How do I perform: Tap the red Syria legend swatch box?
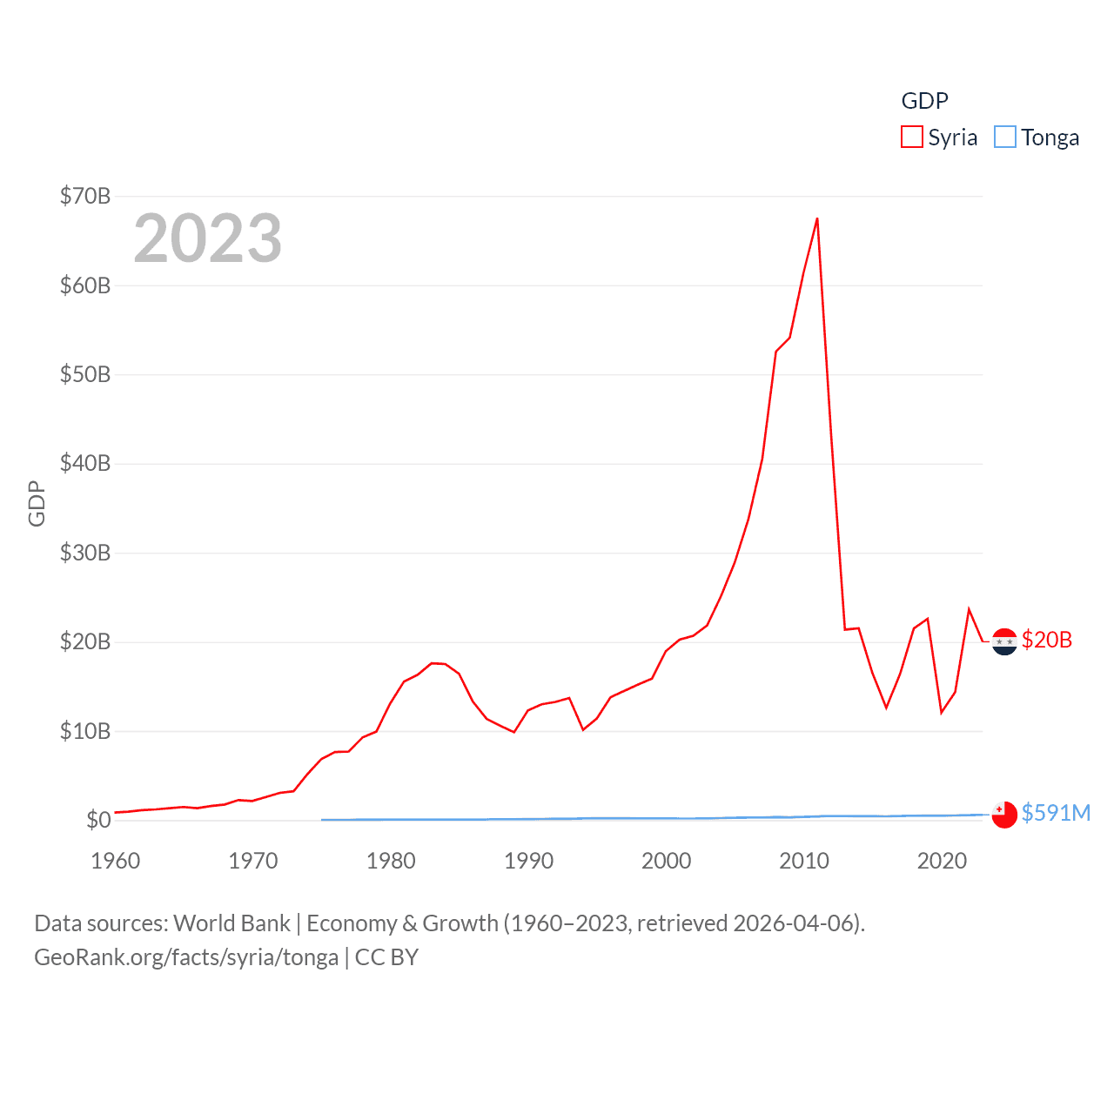click(x=911, y=138)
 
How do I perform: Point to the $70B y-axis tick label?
click(x=85, y=196)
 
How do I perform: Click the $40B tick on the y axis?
click(x=85, y=463)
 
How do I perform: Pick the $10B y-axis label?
click(x=85, y=731)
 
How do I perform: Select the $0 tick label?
click(x=98, y=820)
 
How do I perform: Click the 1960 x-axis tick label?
click(x=116, y=861)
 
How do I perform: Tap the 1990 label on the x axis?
click(x=528, y=861)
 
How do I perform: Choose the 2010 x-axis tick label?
click(x=804, y=861)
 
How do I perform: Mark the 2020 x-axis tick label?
click(x=942, y=861)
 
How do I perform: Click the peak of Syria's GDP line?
click(x=817, y=218)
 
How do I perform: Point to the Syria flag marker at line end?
click(x=1004, y=641)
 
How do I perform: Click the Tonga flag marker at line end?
click(x=1004, y=815)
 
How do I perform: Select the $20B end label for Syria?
click(x=1046, y=640)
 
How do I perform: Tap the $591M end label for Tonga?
click(x=1056, y=813)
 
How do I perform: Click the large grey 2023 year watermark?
click(x=208, y=238)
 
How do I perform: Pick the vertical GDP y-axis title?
click(x=37, y=503)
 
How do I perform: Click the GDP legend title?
click(x=924, y=101)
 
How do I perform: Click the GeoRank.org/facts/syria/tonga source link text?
click(x=186, y=957)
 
